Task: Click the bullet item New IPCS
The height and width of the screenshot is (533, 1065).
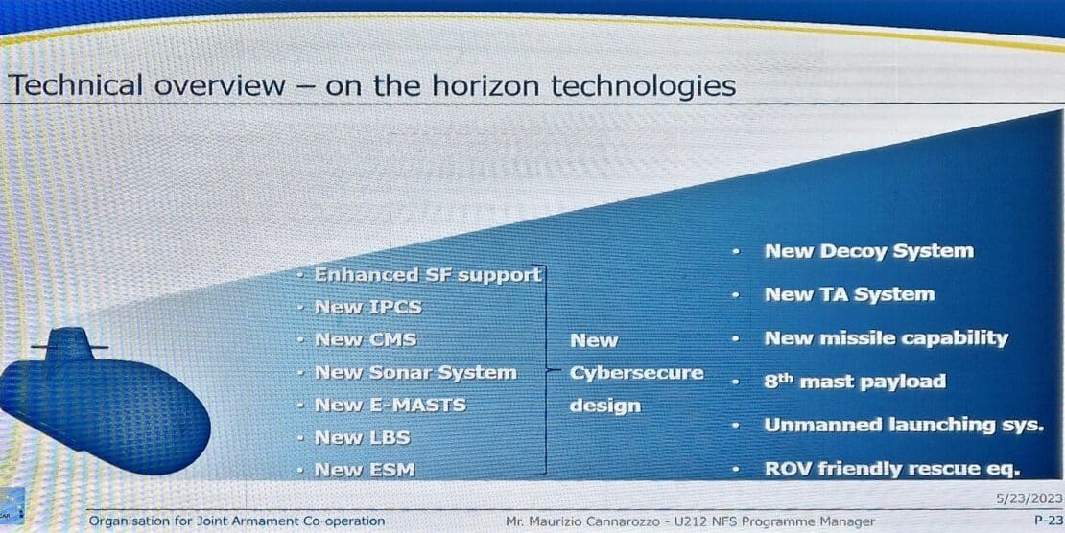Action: click(368, 307)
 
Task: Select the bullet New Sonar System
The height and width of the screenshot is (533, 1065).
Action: click(415, 373)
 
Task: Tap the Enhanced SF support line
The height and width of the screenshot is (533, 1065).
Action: click(428, 275)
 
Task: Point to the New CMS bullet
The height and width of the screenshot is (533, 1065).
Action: click(366, 339)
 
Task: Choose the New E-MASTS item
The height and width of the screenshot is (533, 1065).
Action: click(390, 406)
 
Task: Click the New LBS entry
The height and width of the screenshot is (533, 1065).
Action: click(362, 438)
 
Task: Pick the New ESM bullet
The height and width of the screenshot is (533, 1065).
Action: click(365, 470)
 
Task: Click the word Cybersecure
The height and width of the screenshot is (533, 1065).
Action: click(636, 374)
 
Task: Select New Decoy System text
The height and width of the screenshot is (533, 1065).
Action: click(868, 251)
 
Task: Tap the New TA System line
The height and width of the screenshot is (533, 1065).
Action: click(850, 294)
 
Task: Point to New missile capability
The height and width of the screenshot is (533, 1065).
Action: click(887, 338)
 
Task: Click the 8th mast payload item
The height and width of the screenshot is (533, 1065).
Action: click(855, 381)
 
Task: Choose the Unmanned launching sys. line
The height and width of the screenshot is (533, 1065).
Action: click(904, 425)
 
